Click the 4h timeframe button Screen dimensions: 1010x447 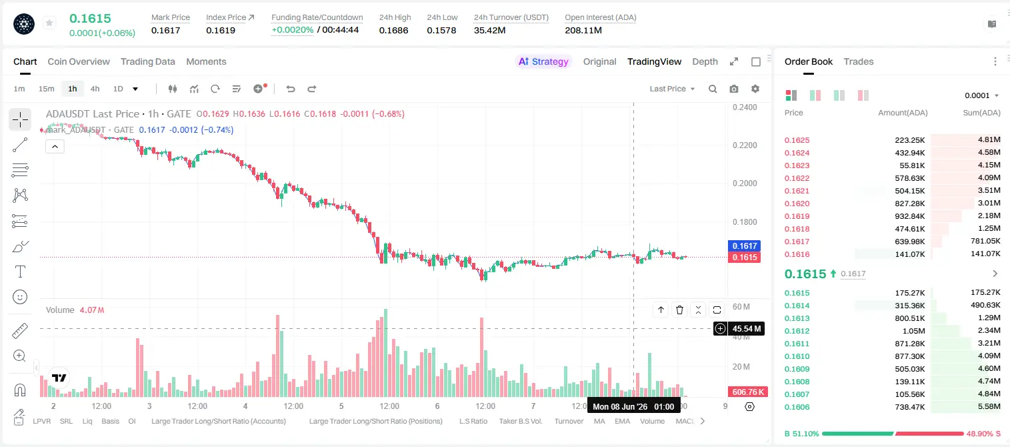[x=95, y=89]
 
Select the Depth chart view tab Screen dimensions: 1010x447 [x=705, y=62]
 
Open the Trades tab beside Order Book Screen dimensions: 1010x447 [x=859, y=62]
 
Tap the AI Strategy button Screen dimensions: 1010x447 [x=543, y=62]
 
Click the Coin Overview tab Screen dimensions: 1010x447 [x=79, y=62]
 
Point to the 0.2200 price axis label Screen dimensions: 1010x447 [x=745, y=145]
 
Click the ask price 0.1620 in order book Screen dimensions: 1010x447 [x=797, y=203]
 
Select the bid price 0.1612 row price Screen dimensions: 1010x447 [x=797, y=331]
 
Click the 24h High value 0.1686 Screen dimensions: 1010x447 [x=393, y=30]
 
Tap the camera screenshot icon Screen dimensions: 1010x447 [x=734, y=89]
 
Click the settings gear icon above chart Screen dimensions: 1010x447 [x=755, y=89]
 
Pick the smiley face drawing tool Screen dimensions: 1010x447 [x=20, y=297]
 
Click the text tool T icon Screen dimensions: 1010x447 [x=20, y=272]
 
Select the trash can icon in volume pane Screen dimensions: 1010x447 [x=679, y=310]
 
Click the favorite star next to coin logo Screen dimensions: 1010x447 [x=49, y=23]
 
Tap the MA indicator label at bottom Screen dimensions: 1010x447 [x=599, y=421]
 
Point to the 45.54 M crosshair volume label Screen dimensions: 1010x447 [x=746, y=329]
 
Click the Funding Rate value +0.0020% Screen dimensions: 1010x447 [x=292, y=30]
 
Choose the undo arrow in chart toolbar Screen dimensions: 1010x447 [x=291, y=89]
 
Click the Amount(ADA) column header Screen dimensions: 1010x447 [x=903, y=113]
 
